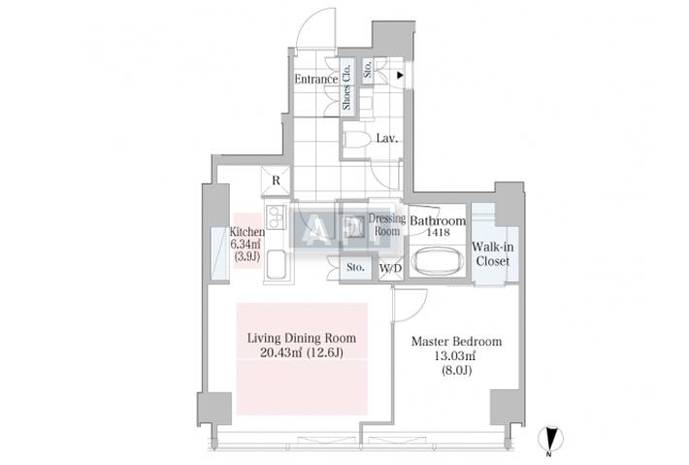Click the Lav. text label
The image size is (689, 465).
tap(388, 140)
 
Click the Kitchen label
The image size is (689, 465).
tap(246, 232)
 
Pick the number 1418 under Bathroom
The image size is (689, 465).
tap(436, 233)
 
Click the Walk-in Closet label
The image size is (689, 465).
tap(492, 254)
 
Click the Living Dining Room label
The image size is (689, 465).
tap(301, 338)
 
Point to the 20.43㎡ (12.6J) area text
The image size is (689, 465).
tap(301, 353)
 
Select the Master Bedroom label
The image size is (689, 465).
tap(456, 342)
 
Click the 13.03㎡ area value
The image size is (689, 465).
tap(456, 356)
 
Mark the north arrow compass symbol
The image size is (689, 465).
tap(549, 439)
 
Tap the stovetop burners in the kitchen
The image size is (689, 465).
tap(272, 216)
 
